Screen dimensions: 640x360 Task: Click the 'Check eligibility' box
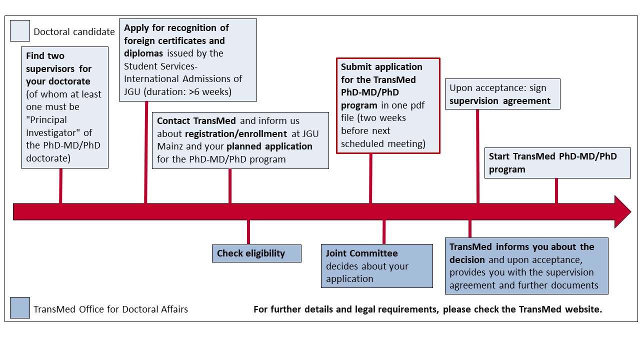(256, 253)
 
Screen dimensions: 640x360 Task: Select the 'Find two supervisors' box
(64, 107)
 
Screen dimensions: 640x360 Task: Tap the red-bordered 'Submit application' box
(388, 105)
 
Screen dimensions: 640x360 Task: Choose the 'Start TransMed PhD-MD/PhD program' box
(557, 163)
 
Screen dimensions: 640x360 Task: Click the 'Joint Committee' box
(377, 266)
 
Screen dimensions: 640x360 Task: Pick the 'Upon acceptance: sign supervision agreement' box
(502, 94)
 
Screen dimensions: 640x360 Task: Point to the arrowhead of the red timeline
(631, 211)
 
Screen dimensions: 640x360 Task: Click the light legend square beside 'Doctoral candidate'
(20, 31)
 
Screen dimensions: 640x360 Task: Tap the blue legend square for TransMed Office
(20, 307)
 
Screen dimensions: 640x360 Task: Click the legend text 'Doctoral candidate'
(74, 31)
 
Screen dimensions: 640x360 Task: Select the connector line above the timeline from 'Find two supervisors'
(61, 186)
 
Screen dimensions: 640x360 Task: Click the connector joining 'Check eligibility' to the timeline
(248, 232)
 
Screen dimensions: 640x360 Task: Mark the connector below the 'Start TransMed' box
(556, 191)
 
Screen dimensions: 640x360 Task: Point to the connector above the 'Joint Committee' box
(384, 232)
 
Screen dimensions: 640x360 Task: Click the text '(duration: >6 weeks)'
(187, 91)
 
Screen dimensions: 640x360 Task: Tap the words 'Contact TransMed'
(196, 121)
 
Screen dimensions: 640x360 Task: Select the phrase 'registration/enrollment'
(236, 133)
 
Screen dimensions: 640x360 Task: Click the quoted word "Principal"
(46, 119)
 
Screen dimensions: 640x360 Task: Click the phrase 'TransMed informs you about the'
(521, 247)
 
